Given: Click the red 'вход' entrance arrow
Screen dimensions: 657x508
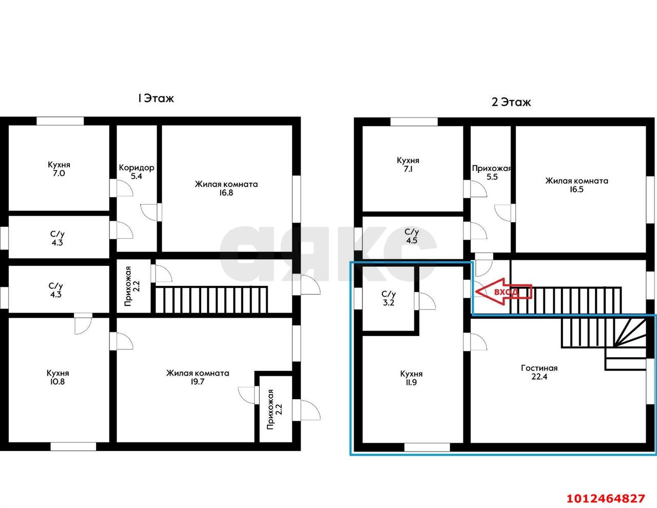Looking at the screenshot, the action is coord(504,291).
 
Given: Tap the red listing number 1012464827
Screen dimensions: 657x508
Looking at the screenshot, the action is coord(606,490).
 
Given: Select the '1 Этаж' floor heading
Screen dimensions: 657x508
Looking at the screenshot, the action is coord(156,99).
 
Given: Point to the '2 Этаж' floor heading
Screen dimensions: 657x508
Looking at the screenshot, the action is coord(511,102).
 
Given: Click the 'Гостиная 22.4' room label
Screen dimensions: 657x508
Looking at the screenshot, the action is coord(539,373).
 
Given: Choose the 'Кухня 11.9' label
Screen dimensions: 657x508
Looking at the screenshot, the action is coord(411,378).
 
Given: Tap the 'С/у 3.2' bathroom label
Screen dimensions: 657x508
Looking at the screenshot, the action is coord(389,298).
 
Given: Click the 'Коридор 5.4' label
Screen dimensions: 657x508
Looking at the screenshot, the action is coord(137,172).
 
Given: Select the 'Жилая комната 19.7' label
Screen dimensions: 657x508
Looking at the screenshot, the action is coord(198,377).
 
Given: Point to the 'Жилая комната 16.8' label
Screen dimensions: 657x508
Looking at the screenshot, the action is coord(226,188).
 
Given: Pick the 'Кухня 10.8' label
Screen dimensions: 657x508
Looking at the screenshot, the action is coord(58,377).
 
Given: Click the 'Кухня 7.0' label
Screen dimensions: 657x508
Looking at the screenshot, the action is coord(59,169).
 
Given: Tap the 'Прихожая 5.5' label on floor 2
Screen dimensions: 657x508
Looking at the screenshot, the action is coord(492,172).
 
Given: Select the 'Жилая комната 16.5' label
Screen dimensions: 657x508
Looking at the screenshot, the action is coord(576,185).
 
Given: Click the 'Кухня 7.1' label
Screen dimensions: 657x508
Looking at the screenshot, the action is coord(408,164).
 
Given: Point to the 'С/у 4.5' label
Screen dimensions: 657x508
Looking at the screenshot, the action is coord(412,236).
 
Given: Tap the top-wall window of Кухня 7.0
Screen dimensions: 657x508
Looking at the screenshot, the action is coord(60,121).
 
